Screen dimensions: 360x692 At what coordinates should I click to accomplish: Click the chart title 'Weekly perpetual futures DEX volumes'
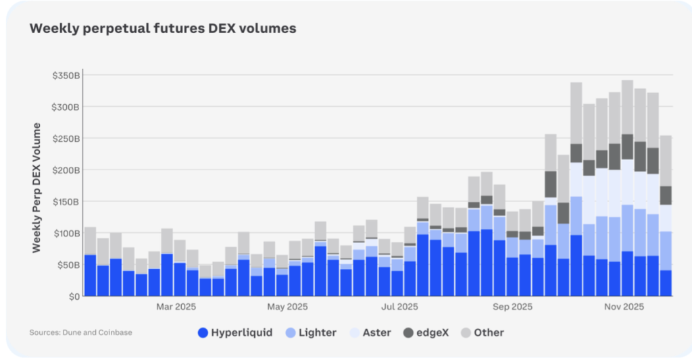[162, 29]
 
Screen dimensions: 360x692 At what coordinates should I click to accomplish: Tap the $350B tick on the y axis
[66, 76]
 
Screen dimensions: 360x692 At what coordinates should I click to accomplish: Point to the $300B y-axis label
[66, 107]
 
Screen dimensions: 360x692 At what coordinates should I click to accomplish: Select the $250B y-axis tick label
[66, 138]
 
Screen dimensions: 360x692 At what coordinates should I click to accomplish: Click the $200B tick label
[66, 170]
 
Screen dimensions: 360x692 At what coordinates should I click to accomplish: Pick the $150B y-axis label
[66, 201]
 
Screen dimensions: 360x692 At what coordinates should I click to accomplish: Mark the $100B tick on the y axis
[66, 233]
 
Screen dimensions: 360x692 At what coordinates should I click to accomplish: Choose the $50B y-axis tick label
[68, 264]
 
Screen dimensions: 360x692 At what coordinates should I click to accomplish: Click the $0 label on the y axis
[74, 296]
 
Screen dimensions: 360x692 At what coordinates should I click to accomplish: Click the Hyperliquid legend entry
[235, 332]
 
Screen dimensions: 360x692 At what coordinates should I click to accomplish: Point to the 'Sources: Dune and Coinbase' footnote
[80, 332]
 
